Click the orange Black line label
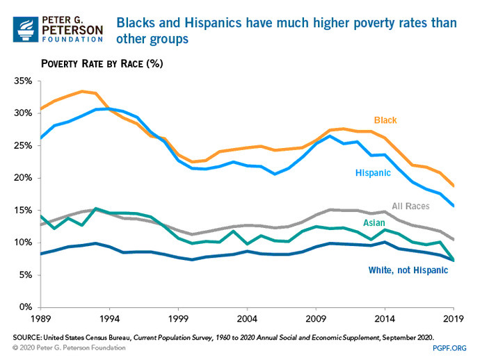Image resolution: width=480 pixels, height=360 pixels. pyautogui.click(x=385, y=121)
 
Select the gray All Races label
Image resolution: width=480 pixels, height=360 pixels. pyautogui.click(x=411, y=206)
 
